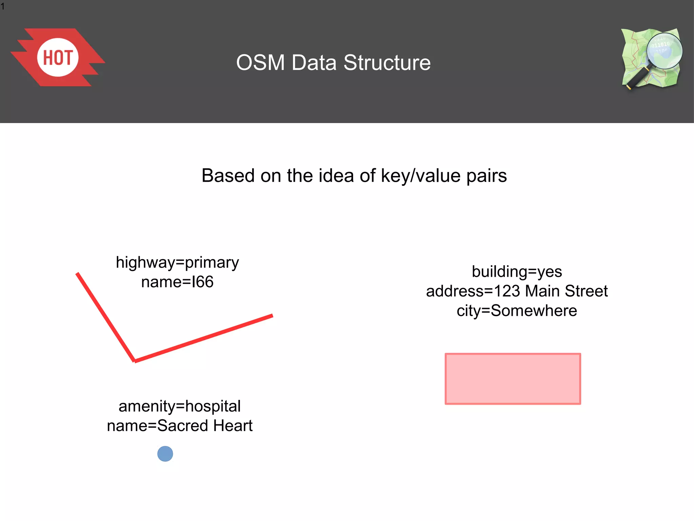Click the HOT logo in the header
(58, 57)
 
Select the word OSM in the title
(260, 63)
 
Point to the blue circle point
(165, 454)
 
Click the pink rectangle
(513, 379)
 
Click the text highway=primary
(177, 263)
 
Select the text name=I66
(177, 282)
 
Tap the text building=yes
(517, 272)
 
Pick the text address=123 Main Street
(517, 291)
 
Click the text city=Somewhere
(517, 311)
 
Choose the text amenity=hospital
(180, 406)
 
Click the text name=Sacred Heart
(180, 426)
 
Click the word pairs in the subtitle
(486, 176)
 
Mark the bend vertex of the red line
(135, 361)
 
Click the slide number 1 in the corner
(3, 6)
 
